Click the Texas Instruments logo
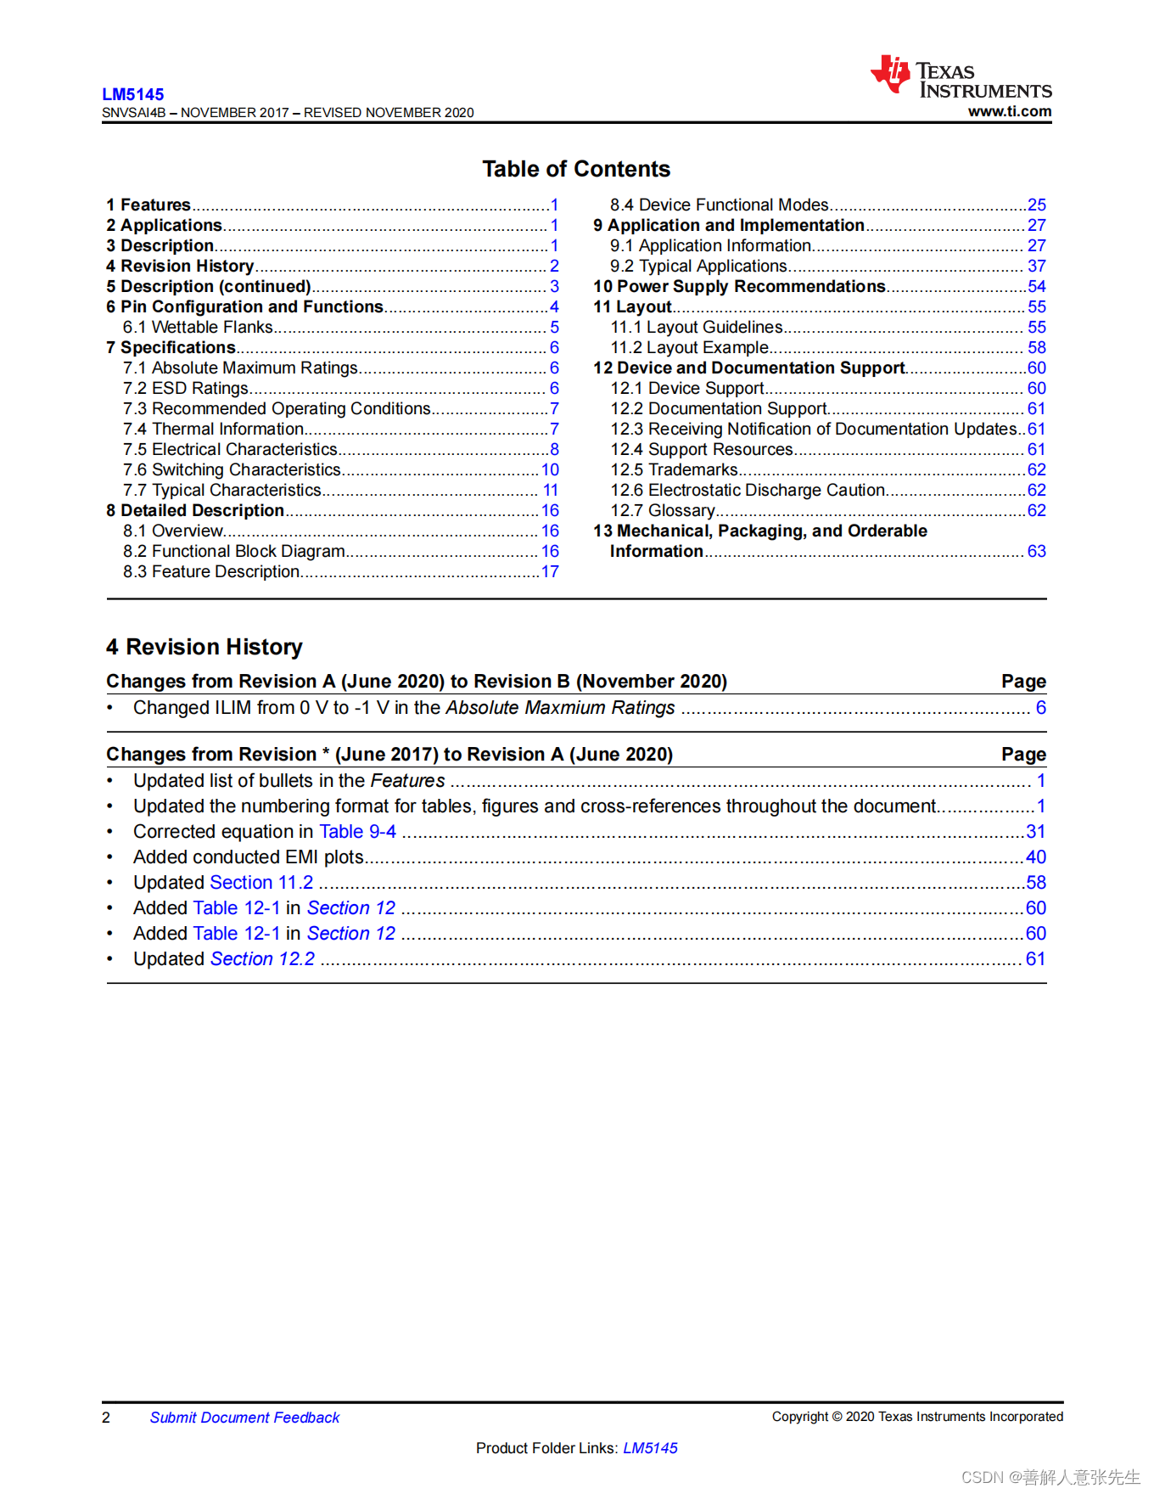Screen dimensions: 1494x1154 [961, 77]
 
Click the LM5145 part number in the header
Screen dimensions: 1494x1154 [133, 94]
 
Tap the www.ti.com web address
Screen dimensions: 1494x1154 [1009, 111]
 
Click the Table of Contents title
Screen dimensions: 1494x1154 [576, 169]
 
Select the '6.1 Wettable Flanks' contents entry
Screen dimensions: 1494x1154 [198, 327]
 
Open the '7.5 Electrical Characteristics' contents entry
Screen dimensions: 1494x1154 [230, 449]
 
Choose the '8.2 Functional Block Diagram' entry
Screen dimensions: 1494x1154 [233, 551]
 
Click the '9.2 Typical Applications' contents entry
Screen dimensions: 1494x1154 [698, 266]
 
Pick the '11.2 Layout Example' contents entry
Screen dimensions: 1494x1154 [690, 347]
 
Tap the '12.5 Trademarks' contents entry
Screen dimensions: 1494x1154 [675, 469]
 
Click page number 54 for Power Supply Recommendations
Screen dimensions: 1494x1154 [1036, 286]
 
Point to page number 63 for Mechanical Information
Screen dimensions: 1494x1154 [1036, 551]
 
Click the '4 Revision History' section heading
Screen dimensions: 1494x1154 [204, 647]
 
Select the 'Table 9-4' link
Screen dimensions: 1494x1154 [357, 832]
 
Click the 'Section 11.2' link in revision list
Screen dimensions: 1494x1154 [261, 883]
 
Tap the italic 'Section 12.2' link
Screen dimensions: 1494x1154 [262, 959]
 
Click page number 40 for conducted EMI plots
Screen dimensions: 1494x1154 [1035, 857]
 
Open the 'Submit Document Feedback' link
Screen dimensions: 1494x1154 [244, 1418]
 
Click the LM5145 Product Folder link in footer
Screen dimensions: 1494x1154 [650, 1448]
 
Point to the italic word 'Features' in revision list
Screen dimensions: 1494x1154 [407, 781]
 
